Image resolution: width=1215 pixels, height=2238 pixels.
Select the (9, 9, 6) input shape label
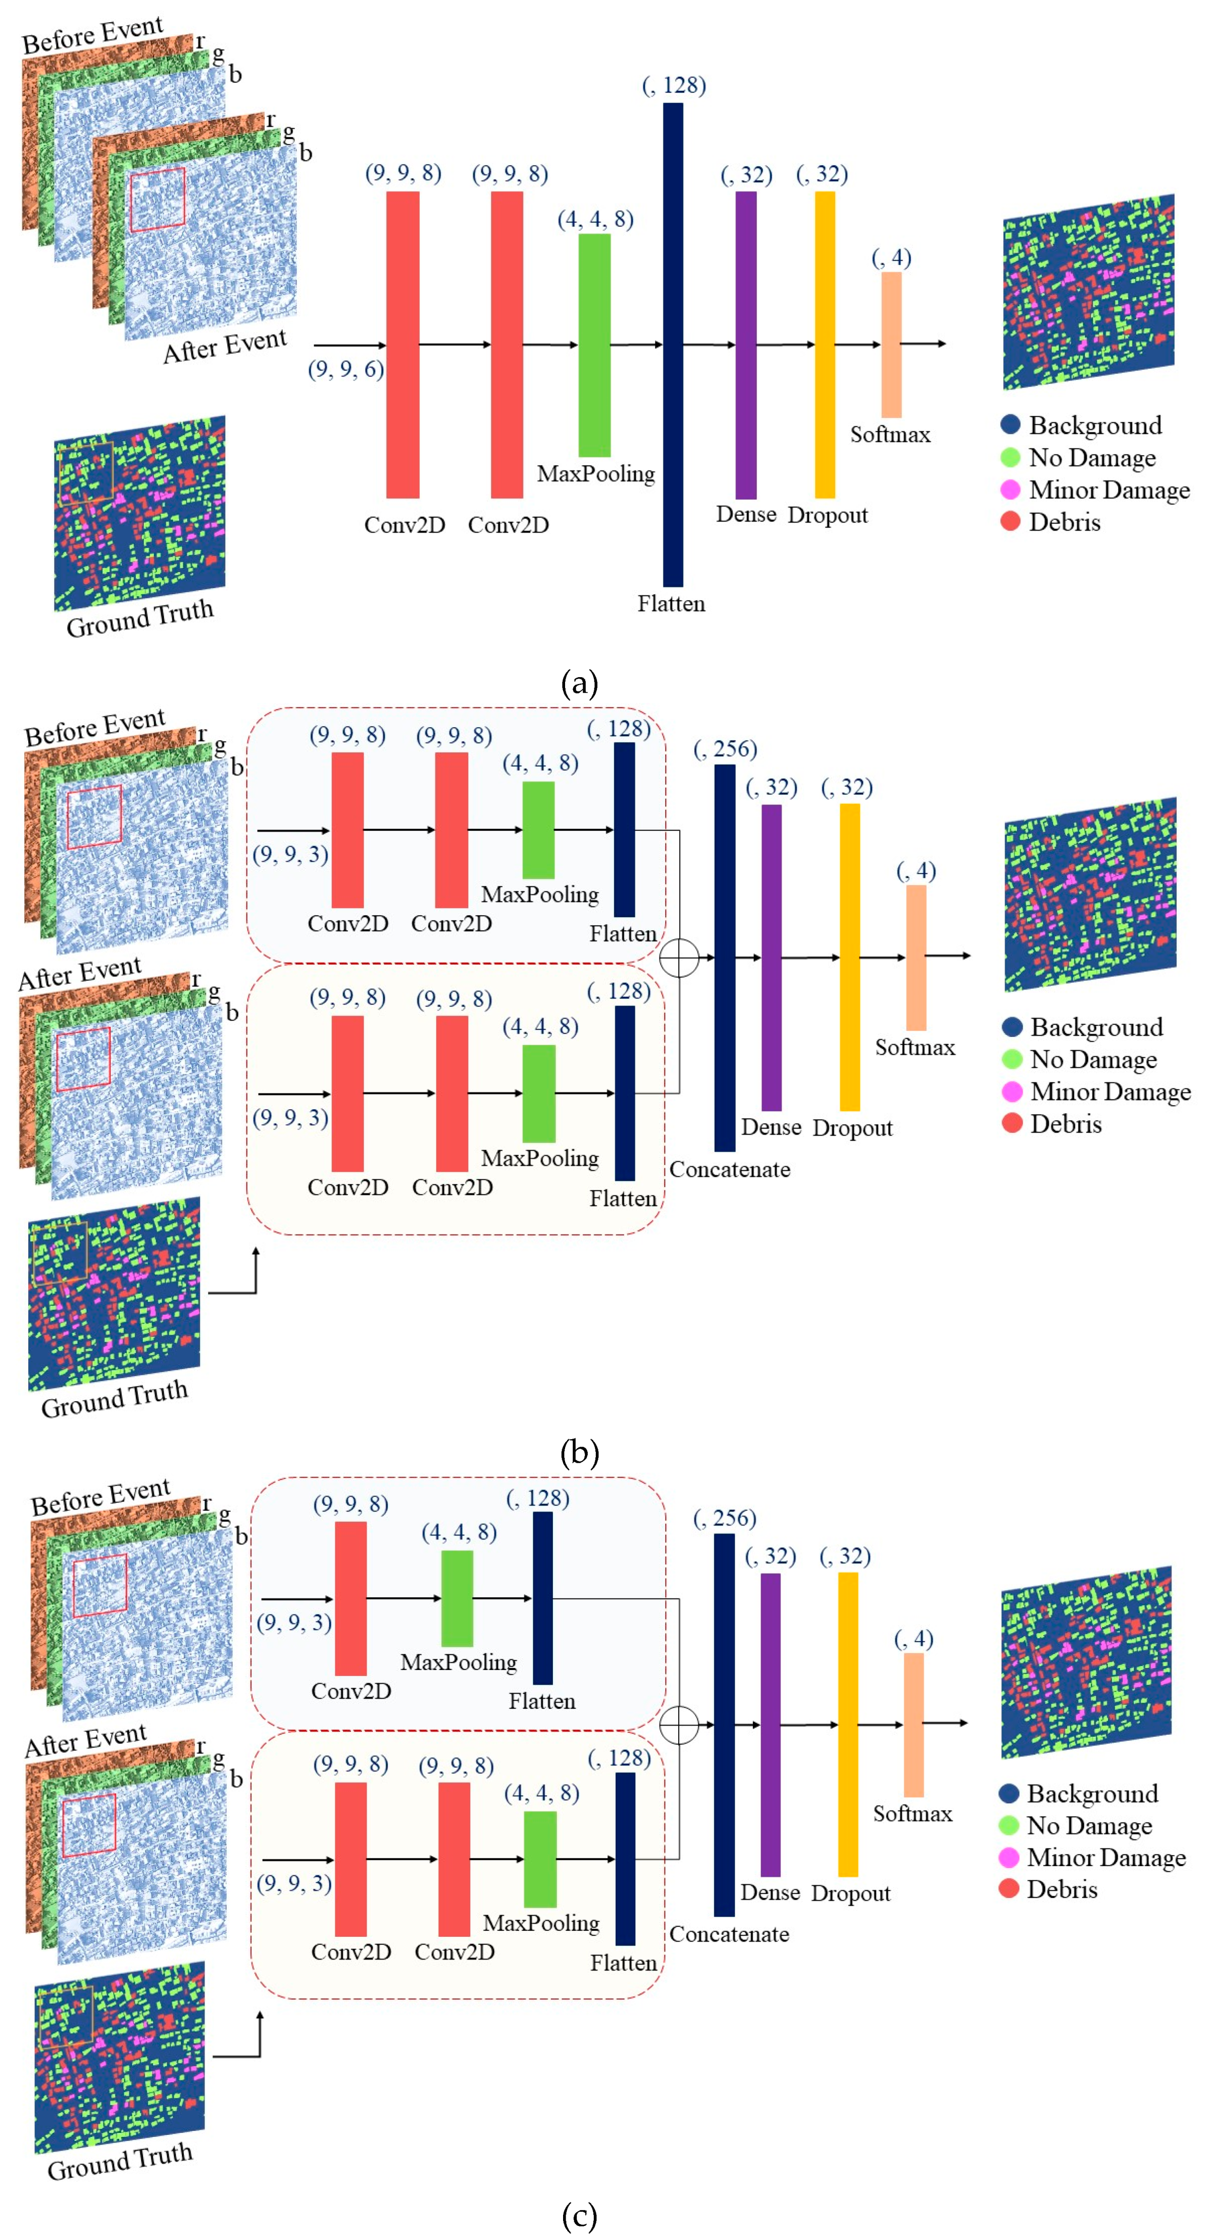[x=345, y=369]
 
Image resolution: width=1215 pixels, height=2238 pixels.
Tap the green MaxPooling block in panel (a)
[x=595, y=345]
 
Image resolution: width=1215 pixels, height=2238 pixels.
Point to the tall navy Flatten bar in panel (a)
[x=673, y=345]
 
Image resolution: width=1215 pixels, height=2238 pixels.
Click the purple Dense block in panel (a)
[x=746, y=345]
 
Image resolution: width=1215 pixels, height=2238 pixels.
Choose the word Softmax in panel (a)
[x=890, y=435]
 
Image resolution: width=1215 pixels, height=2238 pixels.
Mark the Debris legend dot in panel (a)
[x=1010, y=521]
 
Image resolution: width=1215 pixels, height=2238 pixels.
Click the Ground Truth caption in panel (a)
[x=140, y=617]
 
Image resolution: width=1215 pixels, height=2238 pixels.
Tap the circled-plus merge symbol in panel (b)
[x=679, y=958]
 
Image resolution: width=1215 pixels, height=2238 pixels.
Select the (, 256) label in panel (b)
[x=725, y=749]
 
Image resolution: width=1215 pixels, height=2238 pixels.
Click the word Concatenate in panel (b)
[x=730, y=1169]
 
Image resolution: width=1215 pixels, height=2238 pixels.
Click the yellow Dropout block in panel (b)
[x=850, y=958]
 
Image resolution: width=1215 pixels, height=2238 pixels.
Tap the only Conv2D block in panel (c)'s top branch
[x=351, y=1599]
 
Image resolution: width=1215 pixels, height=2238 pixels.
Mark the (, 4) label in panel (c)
[x=914, y=1639]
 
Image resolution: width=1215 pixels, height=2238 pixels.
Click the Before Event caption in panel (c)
[x=100, y=1496]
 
